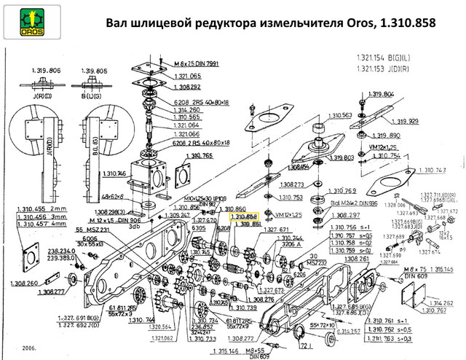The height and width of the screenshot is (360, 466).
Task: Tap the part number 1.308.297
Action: click(x=344, y=216)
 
